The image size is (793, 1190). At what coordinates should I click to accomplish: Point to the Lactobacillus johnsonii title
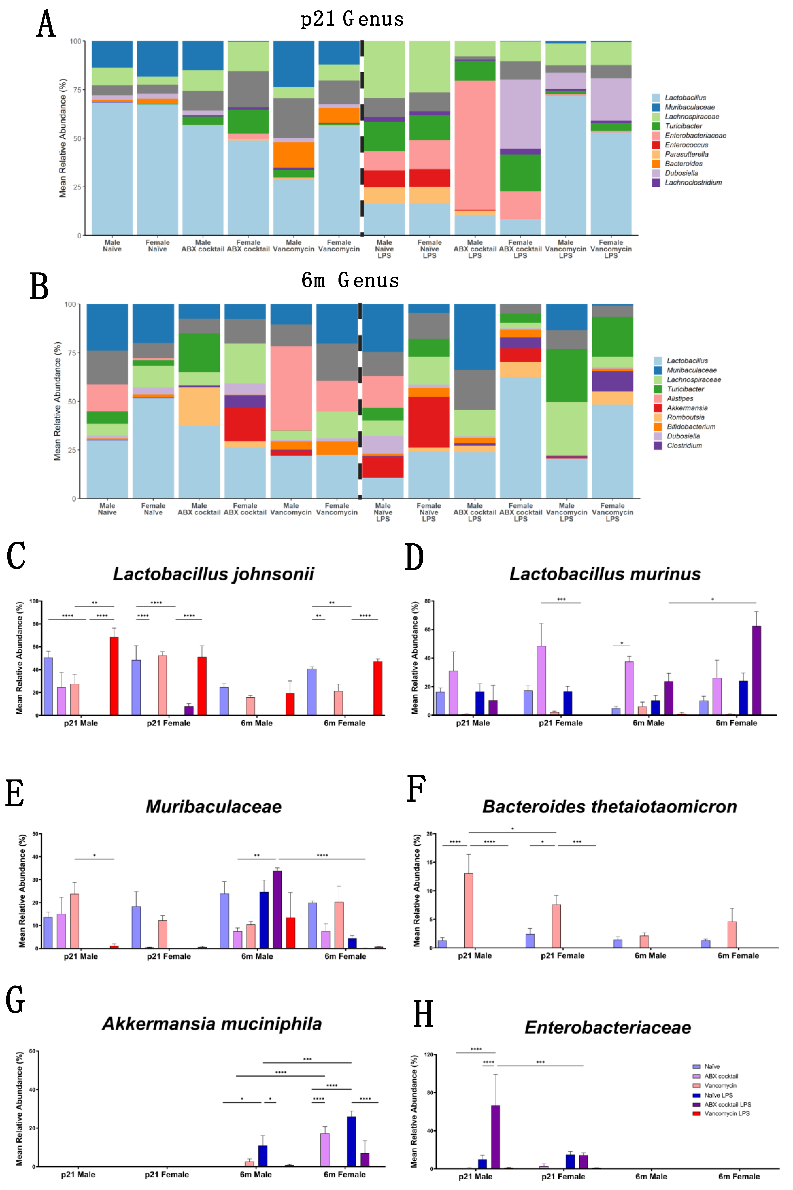click(213, 574)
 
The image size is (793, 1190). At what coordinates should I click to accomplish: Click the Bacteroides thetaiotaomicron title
click(609, 806)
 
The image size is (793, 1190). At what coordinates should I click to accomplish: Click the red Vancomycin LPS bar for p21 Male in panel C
click(114, 675)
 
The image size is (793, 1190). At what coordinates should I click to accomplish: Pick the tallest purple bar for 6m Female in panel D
click(756, 670)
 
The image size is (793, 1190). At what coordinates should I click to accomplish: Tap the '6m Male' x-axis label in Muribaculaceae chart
click(257, 956)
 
